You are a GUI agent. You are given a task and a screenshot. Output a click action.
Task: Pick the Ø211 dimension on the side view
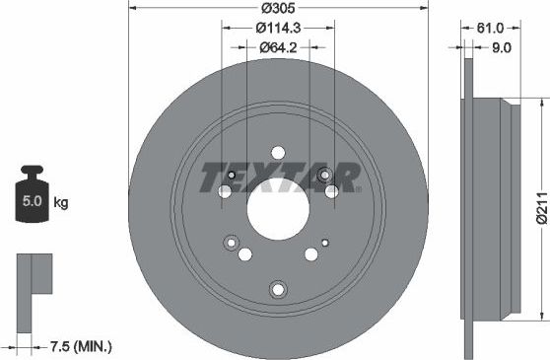point(540,207)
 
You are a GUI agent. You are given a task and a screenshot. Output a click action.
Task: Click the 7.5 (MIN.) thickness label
point(81,346)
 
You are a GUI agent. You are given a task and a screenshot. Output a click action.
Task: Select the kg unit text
point(61,204)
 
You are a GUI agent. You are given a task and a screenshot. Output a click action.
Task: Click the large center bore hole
point(276,207)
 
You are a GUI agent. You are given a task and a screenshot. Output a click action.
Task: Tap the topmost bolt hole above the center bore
point(277,153)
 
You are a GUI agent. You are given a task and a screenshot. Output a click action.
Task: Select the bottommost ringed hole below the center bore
point(277,289)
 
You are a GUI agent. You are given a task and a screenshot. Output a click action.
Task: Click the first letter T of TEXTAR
point(213,178)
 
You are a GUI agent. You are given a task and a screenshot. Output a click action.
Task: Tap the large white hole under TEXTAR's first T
point(225,191)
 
